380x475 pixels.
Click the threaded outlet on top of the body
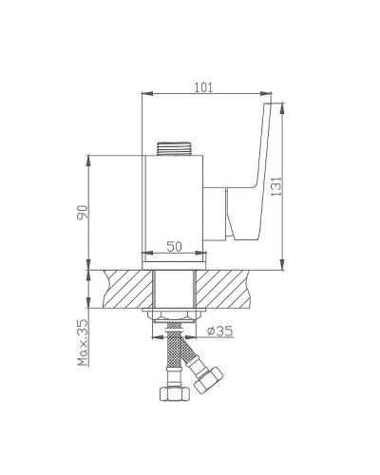(175, 149)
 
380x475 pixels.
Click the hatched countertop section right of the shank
(237, 289)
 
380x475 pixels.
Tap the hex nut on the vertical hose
(175, 394)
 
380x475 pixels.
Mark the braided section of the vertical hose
(175, 355)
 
